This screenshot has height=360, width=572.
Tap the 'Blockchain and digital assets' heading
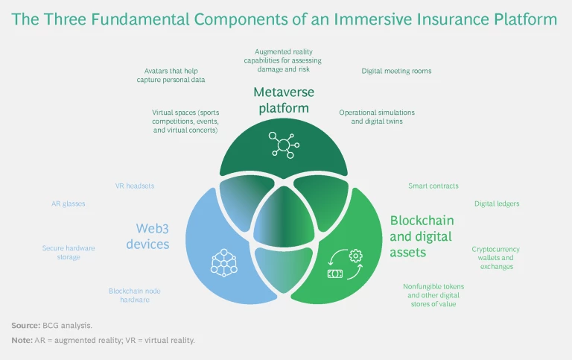[x=422, y=236]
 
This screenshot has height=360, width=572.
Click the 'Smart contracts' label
[x=433, y=186]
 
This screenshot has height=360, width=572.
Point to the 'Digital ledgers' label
[x=497, y=203]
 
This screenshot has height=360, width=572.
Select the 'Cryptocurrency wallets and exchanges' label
[x=495, y=257]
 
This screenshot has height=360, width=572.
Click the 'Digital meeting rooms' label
[x=396, y=72]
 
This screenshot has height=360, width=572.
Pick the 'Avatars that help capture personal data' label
[x=175, y=75]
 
